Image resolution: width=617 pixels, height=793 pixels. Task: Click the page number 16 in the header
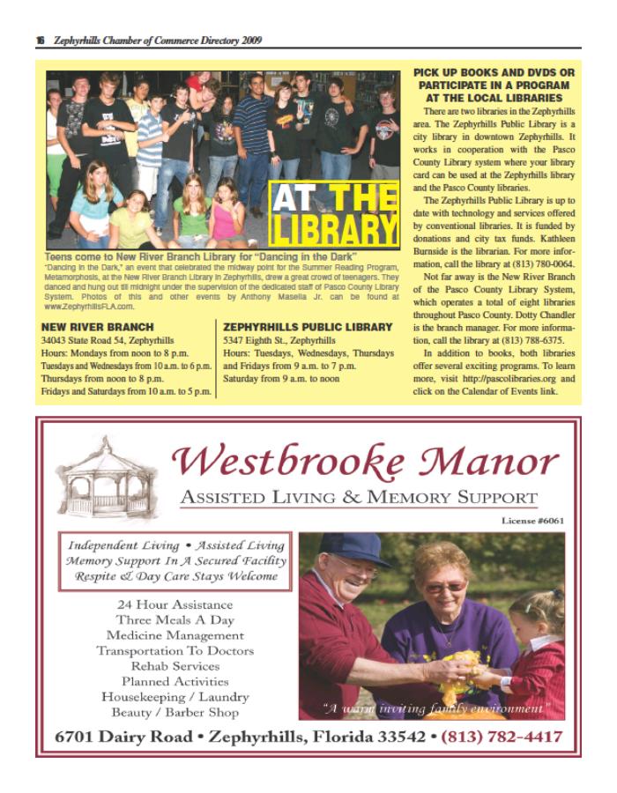coord(41,41)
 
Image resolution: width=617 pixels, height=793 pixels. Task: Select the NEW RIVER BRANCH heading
coord(86,327)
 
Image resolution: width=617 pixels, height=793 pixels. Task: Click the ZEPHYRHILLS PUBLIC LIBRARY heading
coord(308,327)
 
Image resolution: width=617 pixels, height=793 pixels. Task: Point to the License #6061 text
coord(532,521)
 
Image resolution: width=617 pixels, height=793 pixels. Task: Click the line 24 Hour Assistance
coord(175,605)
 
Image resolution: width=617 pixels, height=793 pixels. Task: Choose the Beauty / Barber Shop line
coord(175,712)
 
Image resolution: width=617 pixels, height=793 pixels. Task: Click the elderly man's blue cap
coord(355,547)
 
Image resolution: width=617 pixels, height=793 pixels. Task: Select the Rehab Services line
coord(175,666)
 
